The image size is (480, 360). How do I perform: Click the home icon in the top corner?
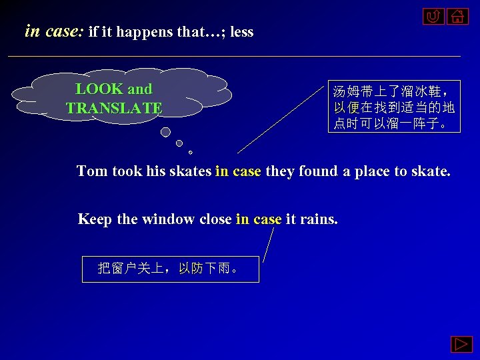[x=457, y=16]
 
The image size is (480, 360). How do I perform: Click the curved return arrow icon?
[x=433, y=16]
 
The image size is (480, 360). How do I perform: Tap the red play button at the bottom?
[x=461, y=345]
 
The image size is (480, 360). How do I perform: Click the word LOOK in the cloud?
[x=99, y=89]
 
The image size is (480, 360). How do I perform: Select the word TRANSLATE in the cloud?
[x=114, y=108]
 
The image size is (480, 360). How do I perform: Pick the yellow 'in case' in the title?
[x=53, y=31]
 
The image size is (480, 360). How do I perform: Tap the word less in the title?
[x=241, y=32]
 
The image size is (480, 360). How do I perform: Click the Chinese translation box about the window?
[x=170, y=269]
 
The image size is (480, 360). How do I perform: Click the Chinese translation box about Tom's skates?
[x=394, y=107]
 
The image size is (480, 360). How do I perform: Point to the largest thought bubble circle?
[x=165, y=132]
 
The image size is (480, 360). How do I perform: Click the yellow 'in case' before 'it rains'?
[x=259, y=219]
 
